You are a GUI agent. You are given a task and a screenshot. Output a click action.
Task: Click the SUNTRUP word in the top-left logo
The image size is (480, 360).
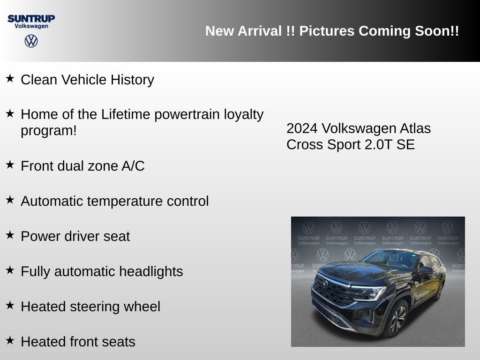coord(31,18)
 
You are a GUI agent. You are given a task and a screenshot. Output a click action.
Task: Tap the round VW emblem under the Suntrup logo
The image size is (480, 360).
coord(31,41)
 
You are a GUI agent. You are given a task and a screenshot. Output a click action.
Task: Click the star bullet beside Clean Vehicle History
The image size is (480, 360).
coord(10,78)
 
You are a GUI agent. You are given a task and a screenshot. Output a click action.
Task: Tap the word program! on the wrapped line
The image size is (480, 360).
coord(48,130)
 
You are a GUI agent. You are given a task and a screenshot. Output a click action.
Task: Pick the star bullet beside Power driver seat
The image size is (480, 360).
coord(10,235)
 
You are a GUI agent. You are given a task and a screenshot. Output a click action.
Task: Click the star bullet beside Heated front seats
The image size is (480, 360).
coord(10,340)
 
